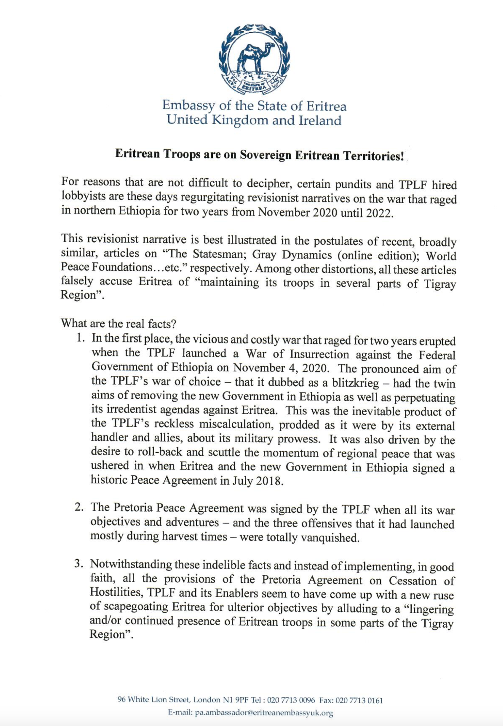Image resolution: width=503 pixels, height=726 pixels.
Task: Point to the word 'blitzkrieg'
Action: point(355,382)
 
